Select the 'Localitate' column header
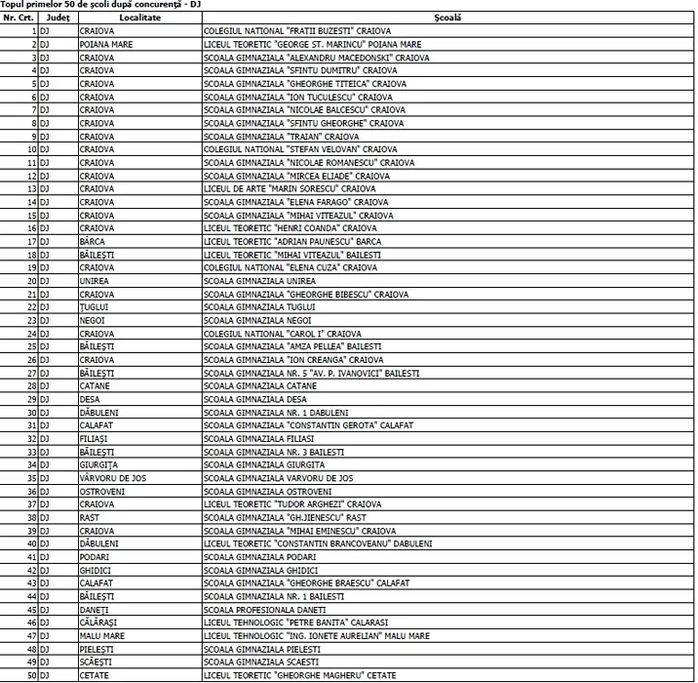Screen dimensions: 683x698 (x=139, y=19)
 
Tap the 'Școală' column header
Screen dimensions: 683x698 (x=449, y=19)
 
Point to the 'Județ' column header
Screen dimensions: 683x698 (x=58, y=19)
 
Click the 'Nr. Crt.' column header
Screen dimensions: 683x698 (x=19, y=19)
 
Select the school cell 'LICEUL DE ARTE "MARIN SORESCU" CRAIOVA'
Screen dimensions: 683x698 (x=290, y=188)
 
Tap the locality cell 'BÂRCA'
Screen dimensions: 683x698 (x=94, y=241)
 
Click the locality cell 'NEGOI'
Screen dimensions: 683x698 (x=93, y=320)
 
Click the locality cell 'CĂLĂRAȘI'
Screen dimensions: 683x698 (x=99, y=623)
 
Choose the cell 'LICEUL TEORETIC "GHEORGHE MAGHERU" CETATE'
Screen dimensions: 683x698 (x=300, y=675)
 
